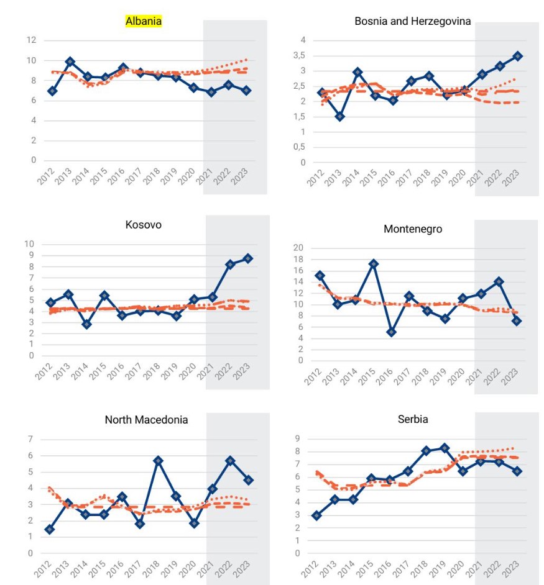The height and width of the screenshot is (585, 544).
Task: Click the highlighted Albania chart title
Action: point(144,21)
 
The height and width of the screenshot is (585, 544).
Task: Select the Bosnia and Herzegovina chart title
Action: point(412,21)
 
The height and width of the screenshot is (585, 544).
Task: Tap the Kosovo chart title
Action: point(144,225)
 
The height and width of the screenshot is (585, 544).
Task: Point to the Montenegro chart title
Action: point(413,229)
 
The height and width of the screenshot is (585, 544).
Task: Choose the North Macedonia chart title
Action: point(147,420)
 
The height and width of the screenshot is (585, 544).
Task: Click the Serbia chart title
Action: point(413,419)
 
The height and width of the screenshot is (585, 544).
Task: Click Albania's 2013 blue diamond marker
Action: point(70,61)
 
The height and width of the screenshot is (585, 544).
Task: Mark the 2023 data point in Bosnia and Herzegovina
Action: point(518,57)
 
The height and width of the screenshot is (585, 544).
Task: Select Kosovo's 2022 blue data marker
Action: point(230,265)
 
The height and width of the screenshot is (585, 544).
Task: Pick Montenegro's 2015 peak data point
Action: point(373,264)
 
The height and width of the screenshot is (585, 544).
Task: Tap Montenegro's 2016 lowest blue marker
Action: point(391,332)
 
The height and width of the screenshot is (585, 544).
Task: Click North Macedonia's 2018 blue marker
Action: point(158,461)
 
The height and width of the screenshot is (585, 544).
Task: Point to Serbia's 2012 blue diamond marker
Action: point(317,515)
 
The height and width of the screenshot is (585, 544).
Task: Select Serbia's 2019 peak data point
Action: point(445,448)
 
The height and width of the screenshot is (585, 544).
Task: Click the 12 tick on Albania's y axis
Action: point(31,40)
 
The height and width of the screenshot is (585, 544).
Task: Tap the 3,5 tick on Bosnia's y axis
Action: point(299,56)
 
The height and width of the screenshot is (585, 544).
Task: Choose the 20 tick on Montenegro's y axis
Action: point(298,248)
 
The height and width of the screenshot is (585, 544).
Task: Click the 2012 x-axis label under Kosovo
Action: point(44,371)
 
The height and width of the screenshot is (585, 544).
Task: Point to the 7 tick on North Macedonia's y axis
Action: point(30,439)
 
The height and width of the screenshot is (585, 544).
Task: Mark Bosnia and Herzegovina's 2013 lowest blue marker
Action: point(339,117)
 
